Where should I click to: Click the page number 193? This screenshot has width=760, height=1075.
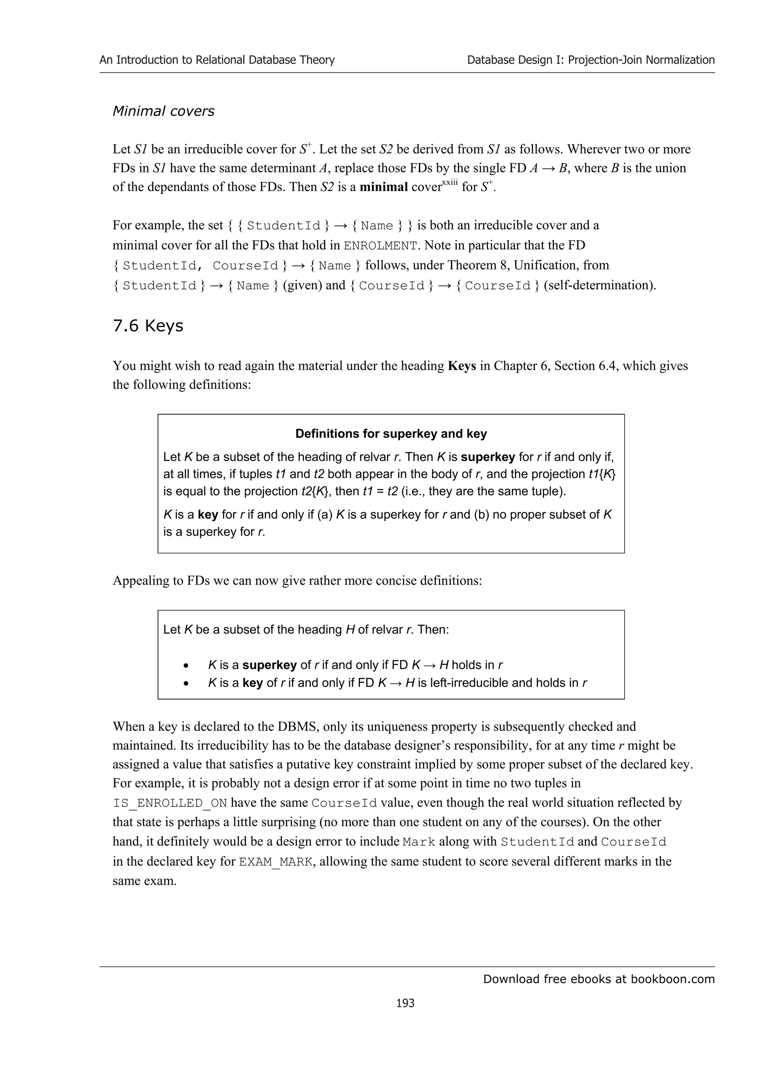pos(405,1002)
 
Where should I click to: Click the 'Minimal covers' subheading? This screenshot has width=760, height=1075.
pos(163,111)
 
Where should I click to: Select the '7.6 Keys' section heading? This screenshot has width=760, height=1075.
pos(148,325)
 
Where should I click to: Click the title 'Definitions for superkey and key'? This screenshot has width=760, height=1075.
pos(391,434)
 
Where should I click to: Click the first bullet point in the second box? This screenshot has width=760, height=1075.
pos(186,665)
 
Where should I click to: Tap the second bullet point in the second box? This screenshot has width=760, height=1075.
pos(186,683)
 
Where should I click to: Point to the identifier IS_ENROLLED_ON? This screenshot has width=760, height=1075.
pos(170,803)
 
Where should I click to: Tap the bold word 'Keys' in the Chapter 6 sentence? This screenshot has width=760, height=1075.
pos(462,366)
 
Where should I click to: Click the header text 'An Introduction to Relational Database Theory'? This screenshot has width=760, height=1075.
pos(217,60)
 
